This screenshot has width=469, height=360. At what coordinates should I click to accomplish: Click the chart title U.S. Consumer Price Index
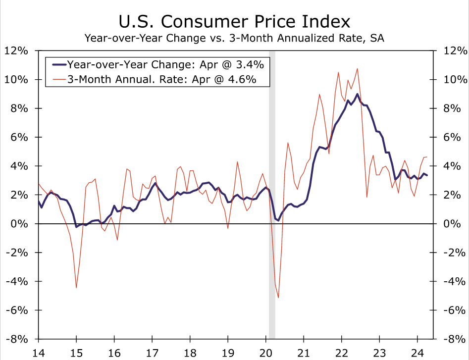(x=234, y=22)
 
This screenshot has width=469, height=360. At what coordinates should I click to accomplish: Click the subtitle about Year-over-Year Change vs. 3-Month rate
(x=234, y=38)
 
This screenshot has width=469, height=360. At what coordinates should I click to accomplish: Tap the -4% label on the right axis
(x=452, y=281)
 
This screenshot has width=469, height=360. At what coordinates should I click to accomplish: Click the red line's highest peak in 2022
(x=357, y=68)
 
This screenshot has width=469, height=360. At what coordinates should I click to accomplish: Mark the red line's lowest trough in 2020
(x=278, y=298)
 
